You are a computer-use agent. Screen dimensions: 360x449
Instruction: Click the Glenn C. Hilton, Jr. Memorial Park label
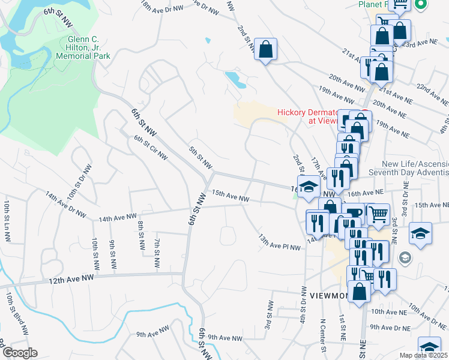click(x=83, y=47)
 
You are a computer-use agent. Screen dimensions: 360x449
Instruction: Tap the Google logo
click(x=19, y=353)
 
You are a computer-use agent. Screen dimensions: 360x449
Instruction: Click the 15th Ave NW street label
click(x=230, y=196)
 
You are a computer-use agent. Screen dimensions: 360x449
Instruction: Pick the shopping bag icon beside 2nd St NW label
click(x=265, y=50)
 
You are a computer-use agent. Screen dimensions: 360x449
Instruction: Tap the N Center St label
click(x=323, y=335)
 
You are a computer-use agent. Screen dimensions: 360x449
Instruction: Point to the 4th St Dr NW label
click(x=304, y=306)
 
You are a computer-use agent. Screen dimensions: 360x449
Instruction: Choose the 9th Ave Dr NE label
click(x=390, y=327)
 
